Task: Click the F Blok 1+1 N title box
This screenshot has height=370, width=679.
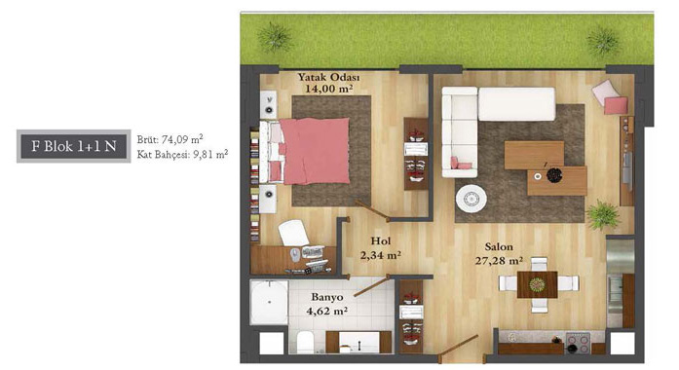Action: click(74, 146)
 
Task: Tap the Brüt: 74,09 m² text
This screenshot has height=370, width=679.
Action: click(170, 139)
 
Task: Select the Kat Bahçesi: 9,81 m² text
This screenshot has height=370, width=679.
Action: click(182, 154)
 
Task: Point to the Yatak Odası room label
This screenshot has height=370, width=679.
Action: click(328, 78)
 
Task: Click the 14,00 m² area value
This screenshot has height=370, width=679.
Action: click(328, 90)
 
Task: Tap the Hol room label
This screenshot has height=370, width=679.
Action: click(381, 241)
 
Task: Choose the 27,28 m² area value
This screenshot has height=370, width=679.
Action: click(499, 261)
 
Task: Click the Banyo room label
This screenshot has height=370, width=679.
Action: click(327, 297)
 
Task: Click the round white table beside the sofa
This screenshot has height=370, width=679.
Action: click(472, 199)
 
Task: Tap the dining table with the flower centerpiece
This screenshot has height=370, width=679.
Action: click(538, 284)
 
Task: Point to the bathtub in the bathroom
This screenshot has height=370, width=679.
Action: click(269, 302)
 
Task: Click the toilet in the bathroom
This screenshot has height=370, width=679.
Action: click(306, 343)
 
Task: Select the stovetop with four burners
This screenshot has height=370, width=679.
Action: click(578, 343)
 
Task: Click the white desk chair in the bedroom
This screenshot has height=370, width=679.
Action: click(293, 233)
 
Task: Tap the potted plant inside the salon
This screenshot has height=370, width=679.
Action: click(602, 214)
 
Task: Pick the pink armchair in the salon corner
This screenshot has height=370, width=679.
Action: click(610, 97)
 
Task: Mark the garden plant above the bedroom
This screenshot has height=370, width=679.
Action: click(275, 37)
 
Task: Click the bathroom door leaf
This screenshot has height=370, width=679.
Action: click(372, 286)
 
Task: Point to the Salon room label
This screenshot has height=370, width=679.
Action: click(499, 247)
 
